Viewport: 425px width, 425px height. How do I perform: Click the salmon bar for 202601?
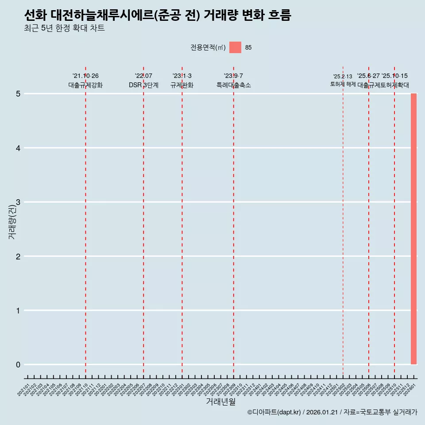pos(413,229)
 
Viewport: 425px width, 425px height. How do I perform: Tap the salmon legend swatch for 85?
pos(235,47)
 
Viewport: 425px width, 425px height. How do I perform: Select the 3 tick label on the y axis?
pos(18,202)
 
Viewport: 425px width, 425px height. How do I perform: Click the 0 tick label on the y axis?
pos(18,365)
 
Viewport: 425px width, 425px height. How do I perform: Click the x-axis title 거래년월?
pos(220,402)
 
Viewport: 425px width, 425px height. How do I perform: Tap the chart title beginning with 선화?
pos(158,16)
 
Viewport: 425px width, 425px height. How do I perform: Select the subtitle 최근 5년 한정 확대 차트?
pos(64,29)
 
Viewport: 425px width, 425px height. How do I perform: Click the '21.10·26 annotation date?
pos(85,76)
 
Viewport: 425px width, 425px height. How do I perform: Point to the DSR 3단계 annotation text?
pos(143,85)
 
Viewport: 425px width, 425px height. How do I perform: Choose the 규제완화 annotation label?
pos(182,85)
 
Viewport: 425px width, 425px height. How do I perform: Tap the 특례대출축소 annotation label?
pos(234,85)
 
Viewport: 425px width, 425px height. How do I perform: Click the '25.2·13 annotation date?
pos(343,77)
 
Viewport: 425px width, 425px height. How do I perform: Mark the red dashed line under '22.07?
pos(143,221)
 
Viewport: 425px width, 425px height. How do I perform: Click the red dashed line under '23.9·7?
pos(234,221)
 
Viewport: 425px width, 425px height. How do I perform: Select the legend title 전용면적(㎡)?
pos(208,47)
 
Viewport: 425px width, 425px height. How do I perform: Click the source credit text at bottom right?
pos(332,412)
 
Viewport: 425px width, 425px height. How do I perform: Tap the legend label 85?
pos(248,47)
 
